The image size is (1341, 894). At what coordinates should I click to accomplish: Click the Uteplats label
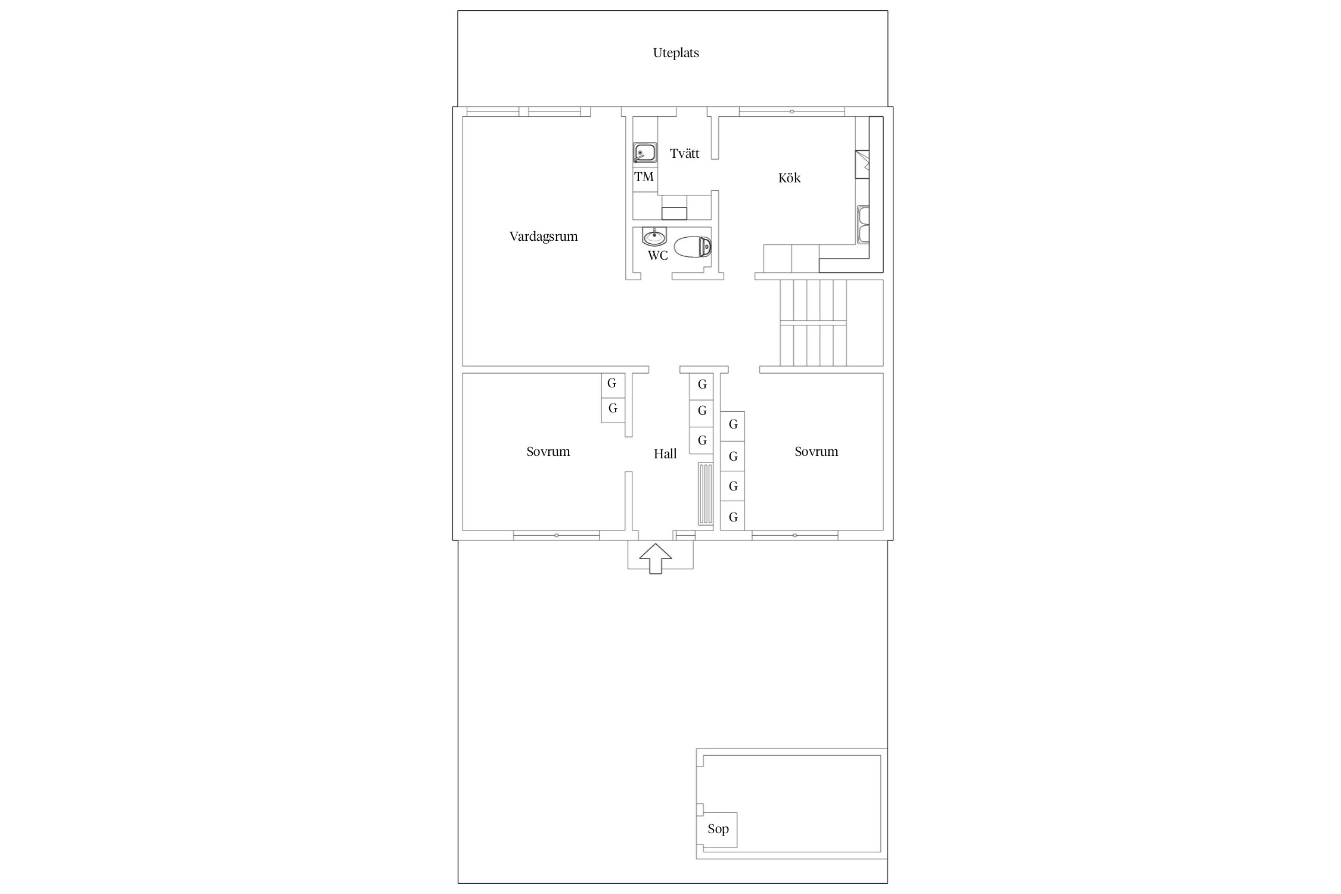tap(676, 53)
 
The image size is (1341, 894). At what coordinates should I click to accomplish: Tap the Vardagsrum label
tap(544, 237)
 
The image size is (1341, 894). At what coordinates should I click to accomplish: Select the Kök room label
tap(789, 178)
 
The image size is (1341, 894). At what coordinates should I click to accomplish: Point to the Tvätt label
tap(684, 154)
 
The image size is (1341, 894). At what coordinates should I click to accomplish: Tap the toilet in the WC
tap(693, 247)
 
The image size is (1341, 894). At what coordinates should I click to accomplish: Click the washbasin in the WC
tap(654, 237)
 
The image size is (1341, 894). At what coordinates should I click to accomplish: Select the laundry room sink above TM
tap(645, 153)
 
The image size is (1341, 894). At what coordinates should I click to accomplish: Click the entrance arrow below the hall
tap(656, 558)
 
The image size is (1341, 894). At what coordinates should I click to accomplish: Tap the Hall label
tap(665, 454)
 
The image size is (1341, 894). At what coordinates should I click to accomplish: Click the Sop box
tap(718, 830)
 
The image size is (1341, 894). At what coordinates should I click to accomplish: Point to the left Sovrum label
tap(548, 452)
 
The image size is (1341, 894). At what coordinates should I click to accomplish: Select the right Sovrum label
tap(816, 452)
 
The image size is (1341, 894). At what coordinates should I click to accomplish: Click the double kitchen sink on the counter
tap(864, 224)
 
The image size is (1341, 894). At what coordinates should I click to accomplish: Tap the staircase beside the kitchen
tap(814, 322)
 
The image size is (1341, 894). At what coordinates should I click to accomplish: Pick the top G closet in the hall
tap(701, 385)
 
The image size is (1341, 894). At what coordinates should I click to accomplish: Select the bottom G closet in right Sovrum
tap(732, 516)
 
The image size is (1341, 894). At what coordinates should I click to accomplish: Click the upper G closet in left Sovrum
tap(613, 384)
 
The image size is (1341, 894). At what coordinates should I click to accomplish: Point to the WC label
tap(658, 256)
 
